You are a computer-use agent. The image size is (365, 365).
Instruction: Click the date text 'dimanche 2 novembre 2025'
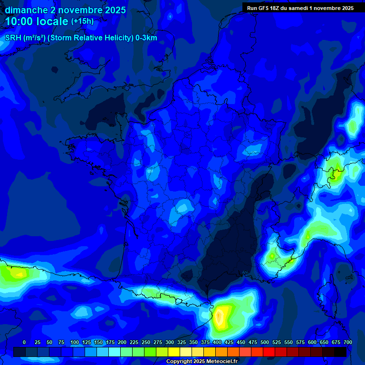click(x=65, y=10)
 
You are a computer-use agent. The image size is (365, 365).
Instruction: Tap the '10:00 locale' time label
click(x=37, y=21)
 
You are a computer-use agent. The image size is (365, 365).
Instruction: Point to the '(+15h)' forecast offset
click(x=82, y=21)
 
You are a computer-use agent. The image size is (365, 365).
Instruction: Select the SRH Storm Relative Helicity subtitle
click(x=81, y=38)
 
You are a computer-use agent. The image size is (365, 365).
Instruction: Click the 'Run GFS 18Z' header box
click(x=300, y=8)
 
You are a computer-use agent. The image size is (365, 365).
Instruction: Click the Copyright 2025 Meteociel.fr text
click(x=202, y=361)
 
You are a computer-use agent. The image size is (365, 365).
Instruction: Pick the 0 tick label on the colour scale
click(x=24, y=342)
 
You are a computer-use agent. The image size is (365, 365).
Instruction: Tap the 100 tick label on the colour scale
click(x=74, y=342)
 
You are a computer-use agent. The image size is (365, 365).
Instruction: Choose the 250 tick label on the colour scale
click(x=146, y=342)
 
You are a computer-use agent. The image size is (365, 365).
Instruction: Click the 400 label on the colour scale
click(x=217, y=342)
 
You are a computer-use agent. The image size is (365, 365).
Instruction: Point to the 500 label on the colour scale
click(x=265, y=342)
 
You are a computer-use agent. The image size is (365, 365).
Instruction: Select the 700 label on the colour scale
click(x=348, y=342)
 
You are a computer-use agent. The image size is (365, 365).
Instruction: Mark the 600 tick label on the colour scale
click(x=312, y=342)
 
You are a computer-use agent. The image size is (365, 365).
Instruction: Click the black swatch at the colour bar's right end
click(x=340, y=352)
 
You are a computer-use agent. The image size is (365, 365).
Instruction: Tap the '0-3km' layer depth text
click(x=146, y=38)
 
